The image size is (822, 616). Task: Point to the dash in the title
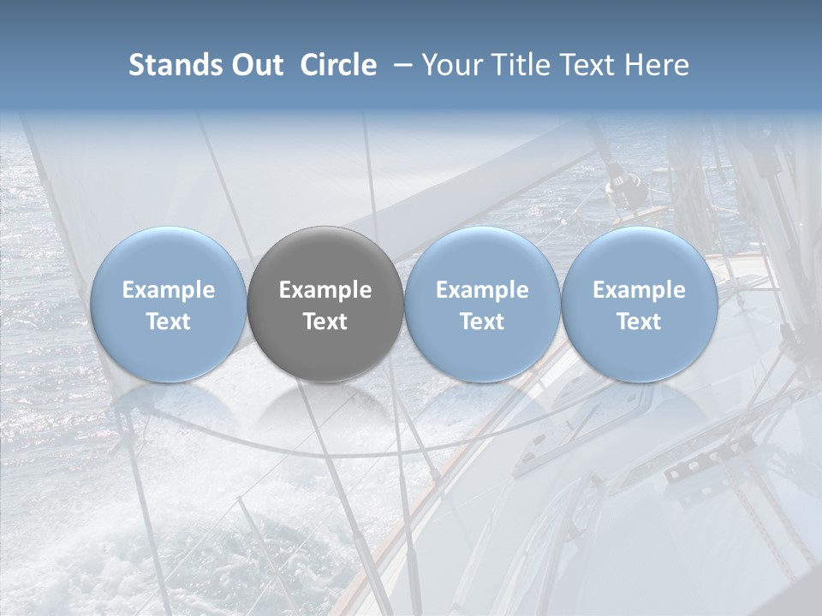point(399,66)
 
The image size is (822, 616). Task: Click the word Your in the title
point(450,65)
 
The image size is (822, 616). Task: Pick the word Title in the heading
point(515,65)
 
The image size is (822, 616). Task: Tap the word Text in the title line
point(586,65)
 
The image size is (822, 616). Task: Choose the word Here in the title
point(657,65)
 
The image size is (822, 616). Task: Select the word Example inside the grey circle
point(325,290)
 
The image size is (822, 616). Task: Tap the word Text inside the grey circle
point(325,322)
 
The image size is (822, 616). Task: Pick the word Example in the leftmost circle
point(169,290)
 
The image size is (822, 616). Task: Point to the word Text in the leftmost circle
point(169,322)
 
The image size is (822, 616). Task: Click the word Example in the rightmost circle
point(639,290)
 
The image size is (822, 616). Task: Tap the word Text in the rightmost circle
point(639,322)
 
